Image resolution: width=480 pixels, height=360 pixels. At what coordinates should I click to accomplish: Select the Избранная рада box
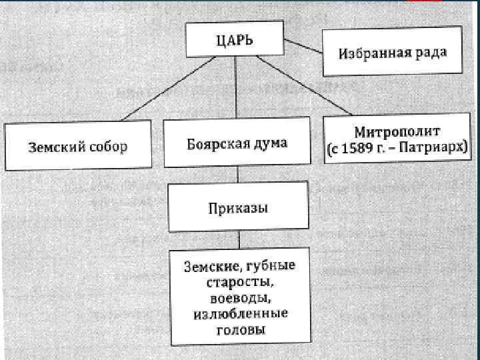391,53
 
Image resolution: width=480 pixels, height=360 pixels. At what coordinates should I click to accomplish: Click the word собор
105,147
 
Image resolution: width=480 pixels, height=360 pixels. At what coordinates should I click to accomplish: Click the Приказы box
238,208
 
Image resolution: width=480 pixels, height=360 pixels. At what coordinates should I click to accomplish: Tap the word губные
269,266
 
